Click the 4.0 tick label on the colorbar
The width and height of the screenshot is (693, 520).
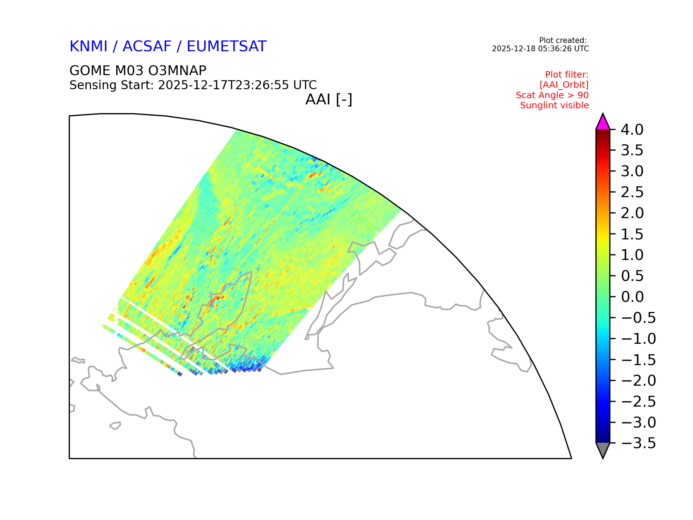click(x=632, y=130)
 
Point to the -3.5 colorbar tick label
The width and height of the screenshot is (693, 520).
click(x=639, y=443)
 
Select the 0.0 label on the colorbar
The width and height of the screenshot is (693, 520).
click(x=632, y=297)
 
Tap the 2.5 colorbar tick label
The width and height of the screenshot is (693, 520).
click(x=632, y=192)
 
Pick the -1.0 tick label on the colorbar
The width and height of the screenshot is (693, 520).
click(x=639, y=339)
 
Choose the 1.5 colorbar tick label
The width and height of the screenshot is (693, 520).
click(x=632, y=234)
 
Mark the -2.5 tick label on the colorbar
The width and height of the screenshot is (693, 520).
click(x=639, y=402)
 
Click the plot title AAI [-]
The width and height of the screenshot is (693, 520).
click(x=329, y=99)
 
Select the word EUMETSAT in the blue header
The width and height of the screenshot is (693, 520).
click(x=227, y=47)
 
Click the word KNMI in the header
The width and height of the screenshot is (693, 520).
click(x=88, y=47)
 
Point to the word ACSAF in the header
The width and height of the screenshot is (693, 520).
click(x=147, y=47)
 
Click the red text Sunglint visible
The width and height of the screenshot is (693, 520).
click(x=554, y=105)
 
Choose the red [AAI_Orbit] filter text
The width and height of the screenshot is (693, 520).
click(x=564, y=85)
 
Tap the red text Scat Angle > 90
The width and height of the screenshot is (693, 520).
click(x=552, y=95)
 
